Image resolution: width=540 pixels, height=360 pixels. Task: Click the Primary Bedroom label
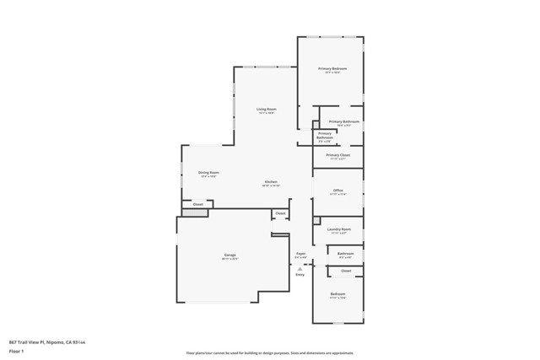332,68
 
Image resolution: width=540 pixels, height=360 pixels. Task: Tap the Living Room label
267,109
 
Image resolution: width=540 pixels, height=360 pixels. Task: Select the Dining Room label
208,172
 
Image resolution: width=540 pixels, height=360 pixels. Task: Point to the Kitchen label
271,182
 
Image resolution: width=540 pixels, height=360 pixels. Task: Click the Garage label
229,255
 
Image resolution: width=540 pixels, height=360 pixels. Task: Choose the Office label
337,191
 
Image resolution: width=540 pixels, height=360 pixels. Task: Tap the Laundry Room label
338,228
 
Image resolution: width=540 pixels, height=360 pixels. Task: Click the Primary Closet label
337,155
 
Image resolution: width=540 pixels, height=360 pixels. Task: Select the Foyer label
300,254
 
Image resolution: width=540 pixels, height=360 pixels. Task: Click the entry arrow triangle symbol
300,268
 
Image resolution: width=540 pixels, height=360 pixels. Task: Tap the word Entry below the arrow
300,275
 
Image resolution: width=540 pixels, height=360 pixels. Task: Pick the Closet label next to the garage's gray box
198,204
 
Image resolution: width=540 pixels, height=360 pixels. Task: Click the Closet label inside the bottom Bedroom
346,271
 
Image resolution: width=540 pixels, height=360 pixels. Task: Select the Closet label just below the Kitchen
280,213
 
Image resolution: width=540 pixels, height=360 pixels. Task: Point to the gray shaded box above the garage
195,213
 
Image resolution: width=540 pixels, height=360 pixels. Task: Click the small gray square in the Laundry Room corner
316,221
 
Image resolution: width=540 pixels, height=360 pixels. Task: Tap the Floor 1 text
16,350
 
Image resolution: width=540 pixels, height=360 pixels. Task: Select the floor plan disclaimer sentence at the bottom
269,353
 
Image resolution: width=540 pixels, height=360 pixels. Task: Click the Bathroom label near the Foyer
345,254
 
